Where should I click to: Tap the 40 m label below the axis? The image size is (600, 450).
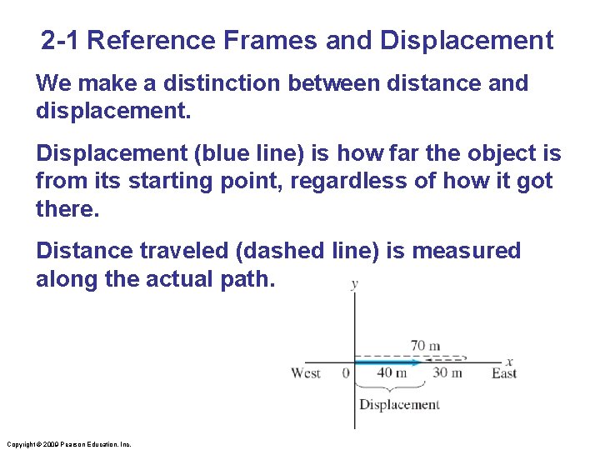coord(391,372)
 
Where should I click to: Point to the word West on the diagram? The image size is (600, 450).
coord(306,372)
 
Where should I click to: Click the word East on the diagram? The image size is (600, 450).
coord(503,372)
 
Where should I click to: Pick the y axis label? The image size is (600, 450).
coord(355,283)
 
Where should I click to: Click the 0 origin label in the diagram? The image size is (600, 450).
coord(346,372)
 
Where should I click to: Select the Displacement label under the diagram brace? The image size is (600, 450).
coord(398,404)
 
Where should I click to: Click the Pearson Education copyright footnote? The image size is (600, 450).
coord(67,444)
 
